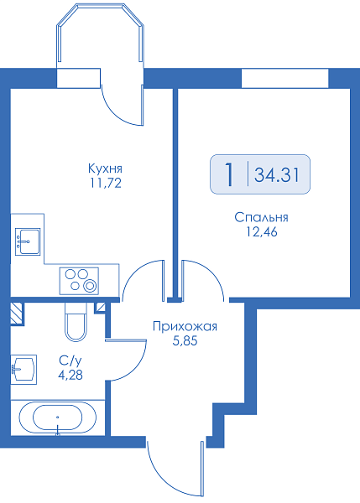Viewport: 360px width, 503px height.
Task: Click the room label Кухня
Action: coord(106,169)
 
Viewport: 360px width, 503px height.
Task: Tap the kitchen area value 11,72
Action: coord(106,183)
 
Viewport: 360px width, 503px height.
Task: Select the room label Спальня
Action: coord(262,217)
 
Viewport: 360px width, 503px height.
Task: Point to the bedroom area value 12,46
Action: coord(262,231)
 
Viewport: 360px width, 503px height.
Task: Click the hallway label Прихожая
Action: coord(185,327)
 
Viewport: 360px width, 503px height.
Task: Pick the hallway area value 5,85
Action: coord(185,341)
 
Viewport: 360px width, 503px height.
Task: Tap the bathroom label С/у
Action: coord(70,360)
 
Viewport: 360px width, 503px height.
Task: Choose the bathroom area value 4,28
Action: coord(70,375)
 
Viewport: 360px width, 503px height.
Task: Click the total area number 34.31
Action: coord(277,175)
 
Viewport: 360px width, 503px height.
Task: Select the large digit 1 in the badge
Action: coord(229,174)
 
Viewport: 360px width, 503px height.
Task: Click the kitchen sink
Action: coord(28,242)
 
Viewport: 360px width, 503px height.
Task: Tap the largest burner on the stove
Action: coord(90,286)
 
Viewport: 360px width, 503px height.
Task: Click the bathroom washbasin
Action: coord(23,369)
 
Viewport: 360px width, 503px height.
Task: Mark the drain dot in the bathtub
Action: coord(58,417)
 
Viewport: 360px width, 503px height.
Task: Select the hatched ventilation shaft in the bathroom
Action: coord(17,314)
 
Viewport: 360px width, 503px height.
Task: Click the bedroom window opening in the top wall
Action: coord(284,78)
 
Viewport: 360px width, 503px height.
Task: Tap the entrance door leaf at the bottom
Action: coord(202,469)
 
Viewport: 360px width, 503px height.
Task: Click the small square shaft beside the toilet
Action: coord(101,308)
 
